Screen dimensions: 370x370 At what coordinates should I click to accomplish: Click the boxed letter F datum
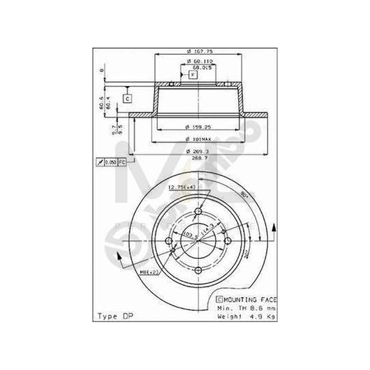coord(192,74)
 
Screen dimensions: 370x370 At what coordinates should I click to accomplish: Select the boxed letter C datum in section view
coord(128,98)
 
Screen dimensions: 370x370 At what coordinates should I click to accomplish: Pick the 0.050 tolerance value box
coord(109,161)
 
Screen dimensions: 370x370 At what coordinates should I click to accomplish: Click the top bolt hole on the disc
coord(198,212)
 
